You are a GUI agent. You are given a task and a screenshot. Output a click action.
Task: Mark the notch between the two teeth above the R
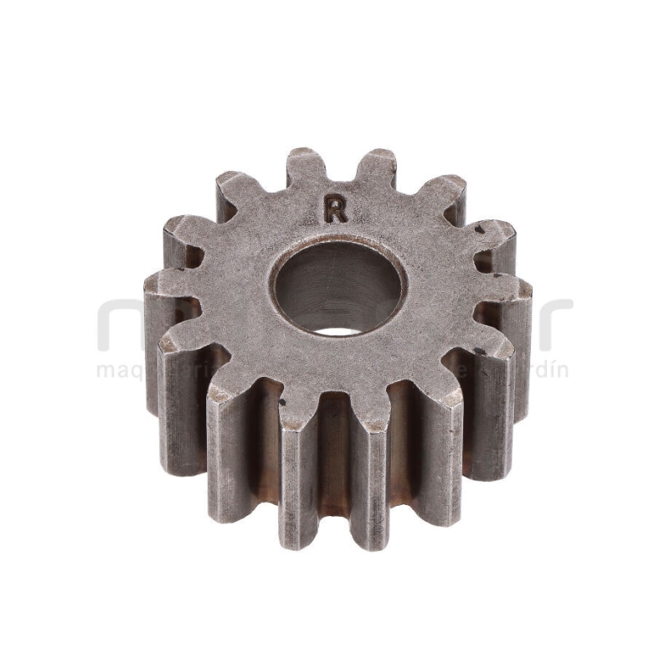tap(339, 181)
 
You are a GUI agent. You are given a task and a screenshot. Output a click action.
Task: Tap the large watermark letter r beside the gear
tap(553, 322)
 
